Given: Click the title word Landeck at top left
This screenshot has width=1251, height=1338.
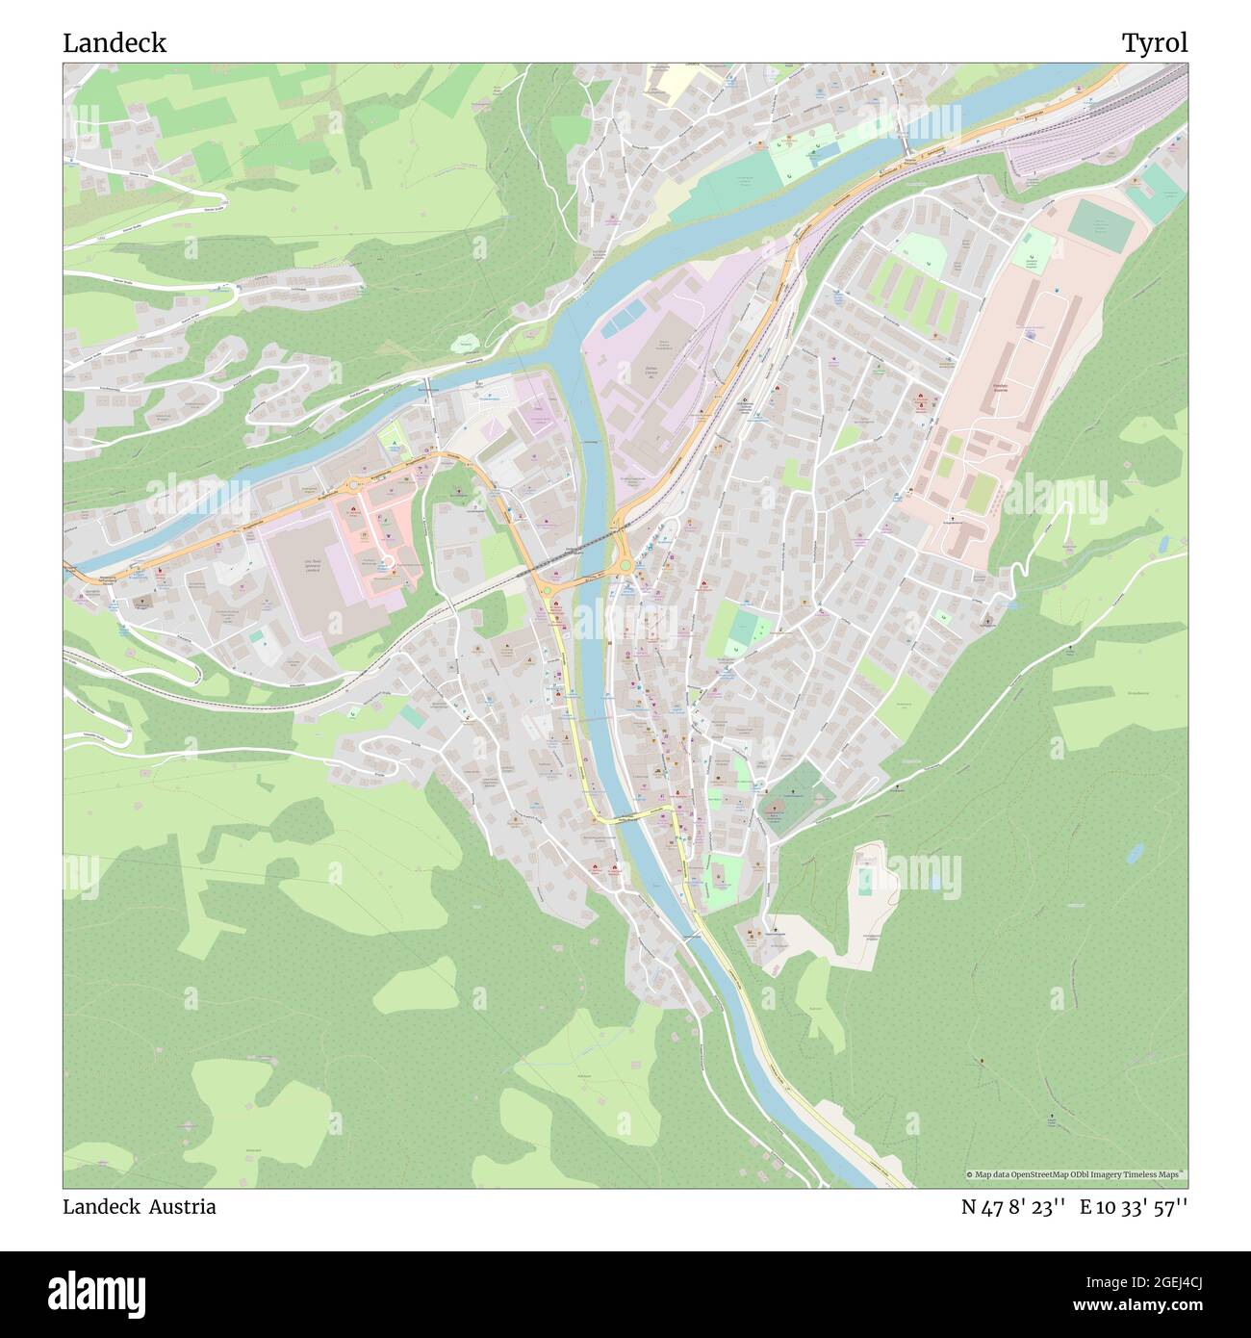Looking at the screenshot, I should click(x=115, y=43).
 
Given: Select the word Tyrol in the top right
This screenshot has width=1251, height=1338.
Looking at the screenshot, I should click(x=1154, y=43).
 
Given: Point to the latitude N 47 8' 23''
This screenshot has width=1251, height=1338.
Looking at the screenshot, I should click(x=1012, y=1207).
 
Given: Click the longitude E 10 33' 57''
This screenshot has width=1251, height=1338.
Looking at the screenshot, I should click(x=1134, y=1207).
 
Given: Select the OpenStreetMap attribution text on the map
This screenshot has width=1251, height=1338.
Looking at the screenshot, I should click(x=1076, y=1174).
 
